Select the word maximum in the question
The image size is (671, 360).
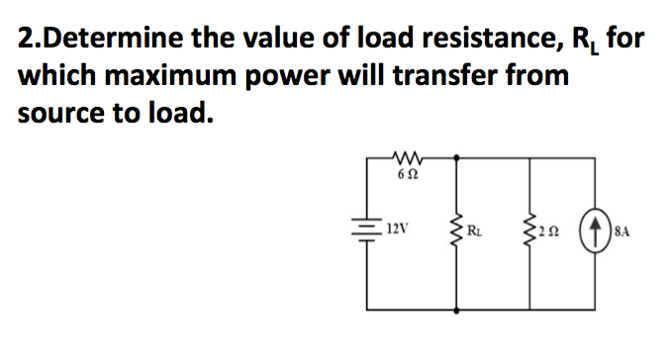click(x=185, y=76)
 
